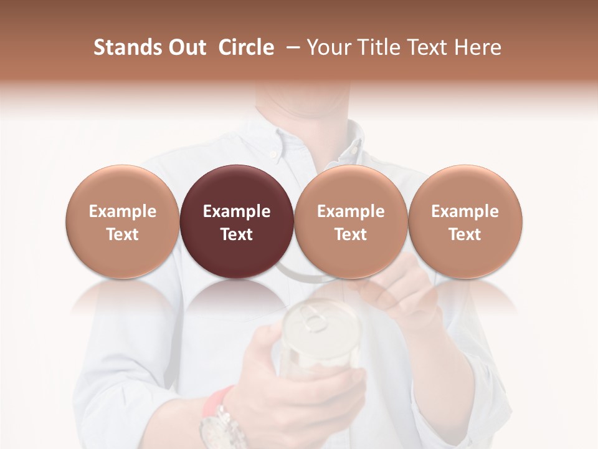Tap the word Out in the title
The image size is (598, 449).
186,47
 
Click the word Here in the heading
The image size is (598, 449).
478,47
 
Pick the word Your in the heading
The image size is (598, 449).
328,47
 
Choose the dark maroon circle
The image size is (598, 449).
237,222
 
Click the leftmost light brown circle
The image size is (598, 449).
123,222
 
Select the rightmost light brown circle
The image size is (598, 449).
465,222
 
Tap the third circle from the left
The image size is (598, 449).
351,222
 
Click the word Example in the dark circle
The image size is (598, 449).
237,211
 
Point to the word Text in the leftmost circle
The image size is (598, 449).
123,234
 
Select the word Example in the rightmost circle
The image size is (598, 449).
465,211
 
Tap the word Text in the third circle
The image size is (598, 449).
351,234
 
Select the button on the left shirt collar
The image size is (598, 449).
272,154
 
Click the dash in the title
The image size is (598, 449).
291,47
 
